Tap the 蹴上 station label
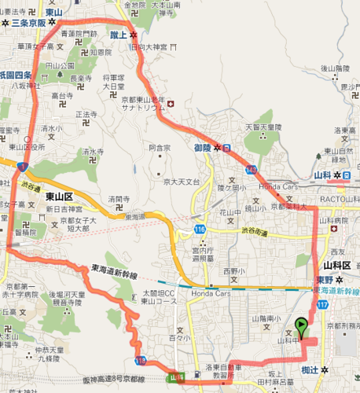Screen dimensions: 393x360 coord(117,35)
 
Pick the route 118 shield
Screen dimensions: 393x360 coord(141,360)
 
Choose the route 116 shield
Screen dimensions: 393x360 coord(200,228)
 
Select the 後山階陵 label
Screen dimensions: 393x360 coord(335,69)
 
